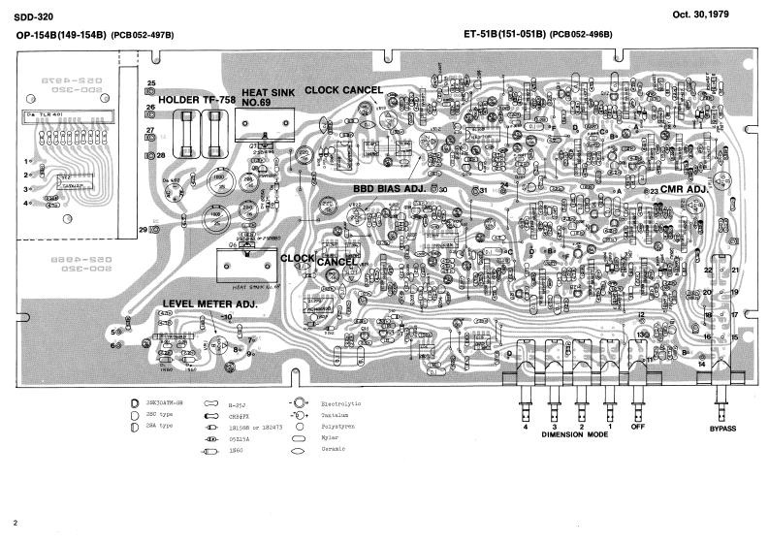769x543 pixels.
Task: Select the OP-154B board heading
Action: coord(95,35)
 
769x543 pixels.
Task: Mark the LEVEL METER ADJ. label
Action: coord(208,303)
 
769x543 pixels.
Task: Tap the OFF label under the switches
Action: coord(638,427)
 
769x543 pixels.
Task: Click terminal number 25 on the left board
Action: coord(151,84)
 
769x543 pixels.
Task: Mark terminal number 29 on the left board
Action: coord(143,230)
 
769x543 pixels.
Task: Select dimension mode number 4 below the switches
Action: coord(526,427)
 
